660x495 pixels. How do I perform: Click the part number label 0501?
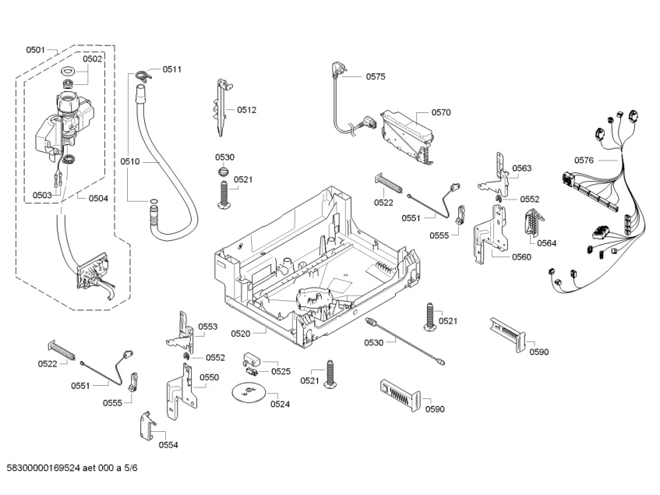(x=35, y=50)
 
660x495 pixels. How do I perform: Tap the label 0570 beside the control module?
(x=441, y=112)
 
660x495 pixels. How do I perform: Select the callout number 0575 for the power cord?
(x=376, y=76)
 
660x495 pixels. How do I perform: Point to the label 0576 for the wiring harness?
(x=584, y=161)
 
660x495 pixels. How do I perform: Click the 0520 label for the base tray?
(x=240, y=334)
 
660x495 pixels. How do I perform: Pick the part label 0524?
(x=280, y=405)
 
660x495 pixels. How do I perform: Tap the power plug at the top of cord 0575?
(x=337, y=69)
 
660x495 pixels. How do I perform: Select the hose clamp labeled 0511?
(x=143, y=75)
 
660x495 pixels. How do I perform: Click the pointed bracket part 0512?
(x=222, y=108)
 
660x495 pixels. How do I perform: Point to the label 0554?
(x=168, y=445)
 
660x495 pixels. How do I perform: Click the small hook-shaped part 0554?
(x=146, y=426)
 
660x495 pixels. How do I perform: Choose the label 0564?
(x=546, y=243)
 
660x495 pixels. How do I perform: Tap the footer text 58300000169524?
(x=43, y=468)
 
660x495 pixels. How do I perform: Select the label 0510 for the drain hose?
(x=129, y=161)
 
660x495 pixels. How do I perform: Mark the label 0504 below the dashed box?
(x=98, y=198)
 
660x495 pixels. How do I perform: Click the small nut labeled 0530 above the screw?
(x=223, y=171)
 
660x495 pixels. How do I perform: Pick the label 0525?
(x=281, y=371)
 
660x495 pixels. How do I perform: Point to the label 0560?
(x=521, y=257)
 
